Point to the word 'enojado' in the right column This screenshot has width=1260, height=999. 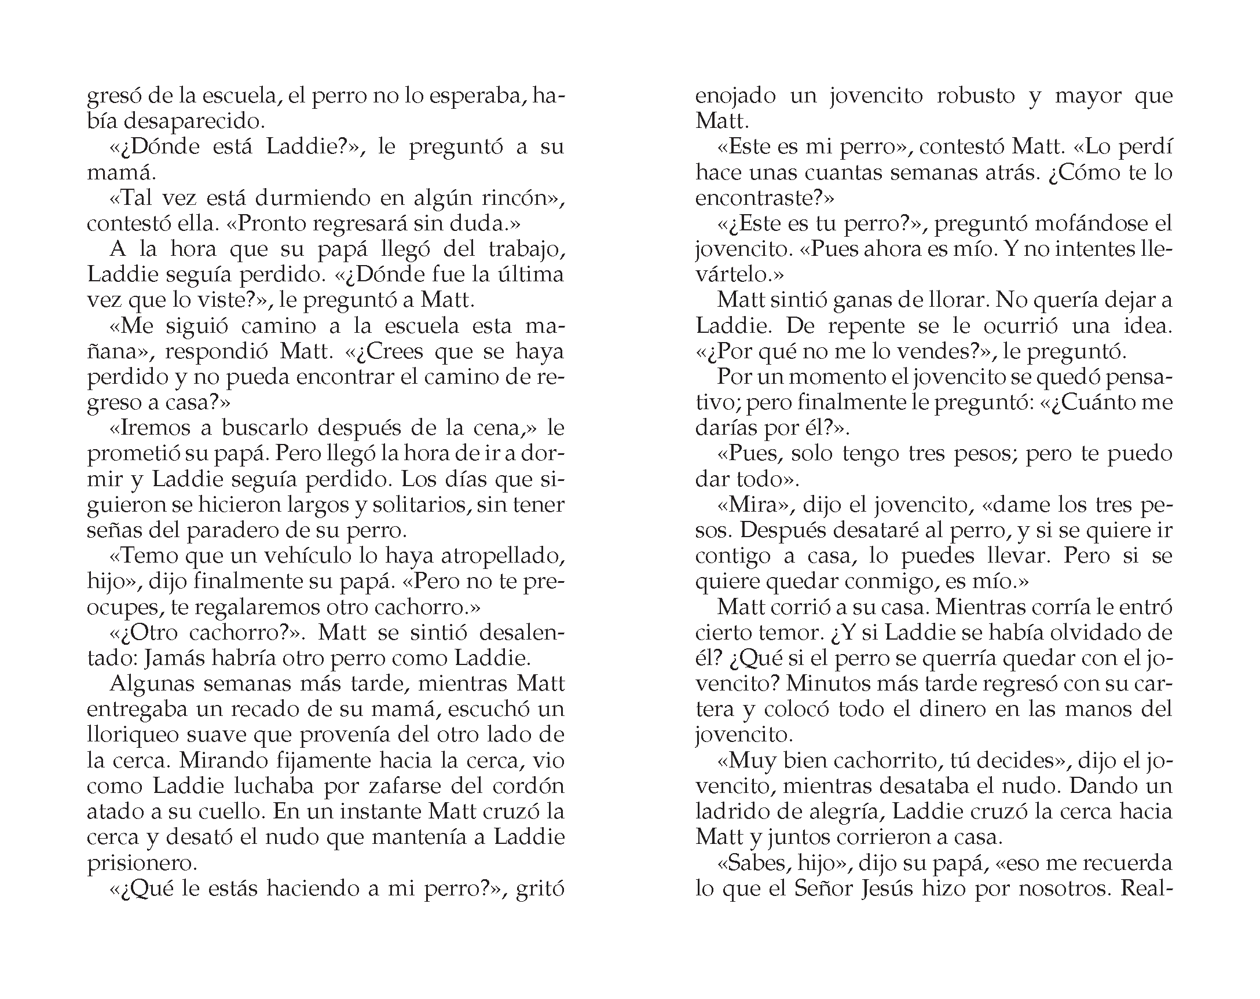735,96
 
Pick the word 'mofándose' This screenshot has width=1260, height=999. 1068,224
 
